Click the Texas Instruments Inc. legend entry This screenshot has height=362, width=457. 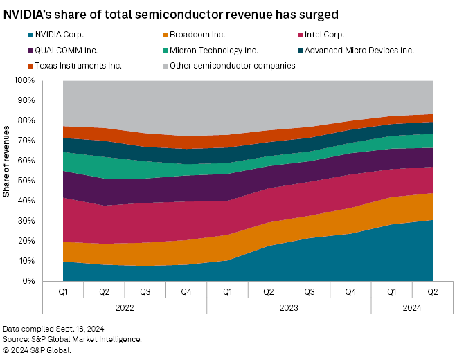pyautogui.click(x=66, y=65)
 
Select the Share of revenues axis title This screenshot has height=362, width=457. pyautogui.click(x=7, y=161)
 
